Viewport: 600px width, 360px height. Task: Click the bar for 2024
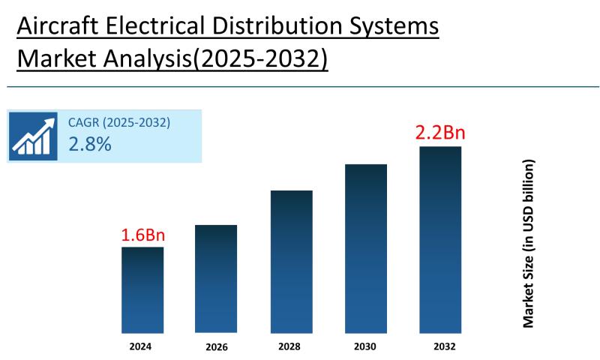coord(142,289)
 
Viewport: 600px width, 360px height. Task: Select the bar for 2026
coord(216,279)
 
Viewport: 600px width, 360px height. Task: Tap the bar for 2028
coord(291,262)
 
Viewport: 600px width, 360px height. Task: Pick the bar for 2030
coord(366,248)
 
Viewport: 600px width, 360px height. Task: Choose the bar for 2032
coord(440,239)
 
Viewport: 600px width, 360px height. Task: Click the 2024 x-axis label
coord(142,346)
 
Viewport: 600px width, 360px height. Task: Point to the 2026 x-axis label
coord(216,347)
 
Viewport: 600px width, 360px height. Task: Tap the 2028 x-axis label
coord(291,346)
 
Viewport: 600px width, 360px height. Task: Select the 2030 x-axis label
coord(366,346)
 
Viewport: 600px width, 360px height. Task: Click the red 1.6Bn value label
coord(142,235)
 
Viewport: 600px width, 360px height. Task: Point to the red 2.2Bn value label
coord(440,133)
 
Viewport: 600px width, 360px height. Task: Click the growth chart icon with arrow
coord(33,136)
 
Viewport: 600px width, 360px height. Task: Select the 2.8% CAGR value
coord(90,145)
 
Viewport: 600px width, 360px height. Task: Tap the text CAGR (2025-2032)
coord(119,122)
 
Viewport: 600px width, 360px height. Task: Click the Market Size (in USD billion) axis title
coord(529,243)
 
